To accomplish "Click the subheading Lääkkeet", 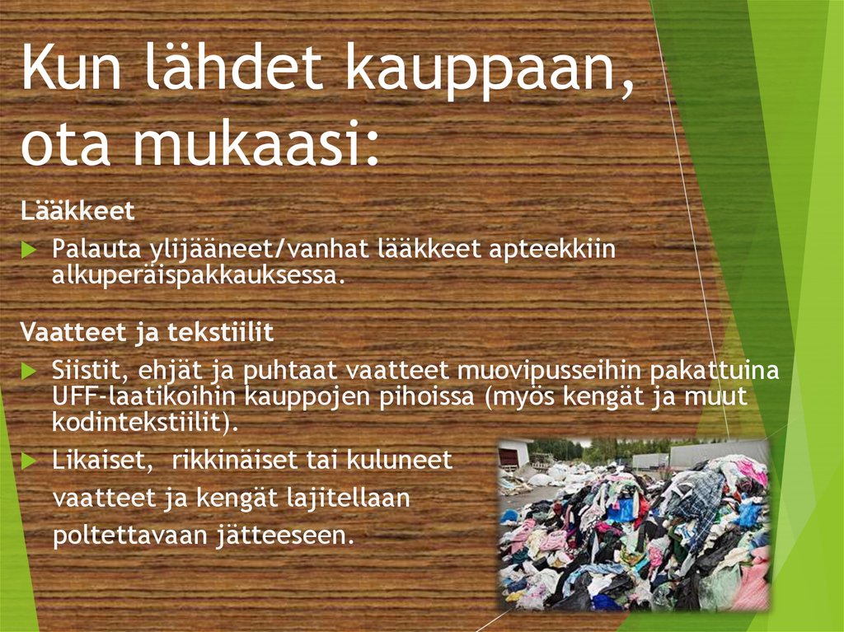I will [x=77, y=212].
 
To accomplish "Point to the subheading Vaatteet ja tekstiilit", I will [x=148, y=333].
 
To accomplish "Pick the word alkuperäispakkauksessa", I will [x=196, y=275].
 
